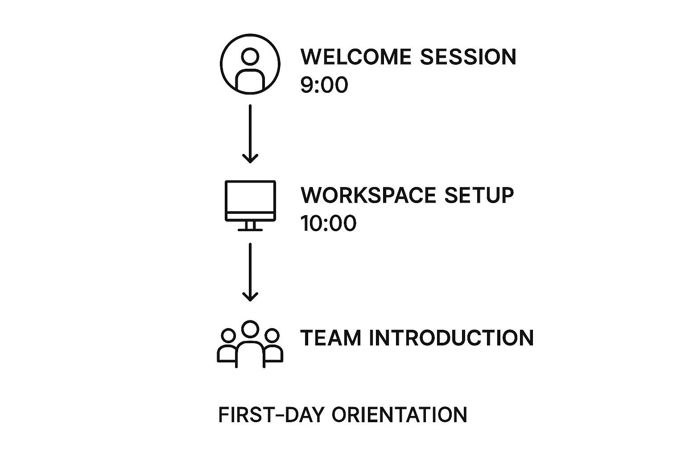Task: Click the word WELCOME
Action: click(x=355, y=57)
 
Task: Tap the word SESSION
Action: click(x=468, y=57)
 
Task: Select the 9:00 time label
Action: click(x=324, y=85)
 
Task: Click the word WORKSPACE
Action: click(x=368, y=195)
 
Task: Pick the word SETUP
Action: click(x=479, y=195)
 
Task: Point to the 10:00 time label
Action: click(x=328, y=223)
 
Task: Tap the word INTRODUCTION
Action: click(x=451, y=338)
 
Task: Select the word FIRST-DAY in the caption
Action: click(x=271, y=415)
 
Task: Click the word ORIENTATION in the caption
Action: click(x=400, y=415)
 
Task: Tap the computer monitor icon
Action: click(x=250, y=181)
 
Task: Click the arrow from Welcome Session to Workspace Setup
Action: click(x=250, y=134)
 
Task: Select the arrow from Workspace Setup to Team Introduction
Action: click(x=250, y=272)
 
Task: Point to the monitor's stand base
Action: click(x=250, y=229)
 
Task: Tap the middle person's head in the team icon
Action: click(x=250, y=321)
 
